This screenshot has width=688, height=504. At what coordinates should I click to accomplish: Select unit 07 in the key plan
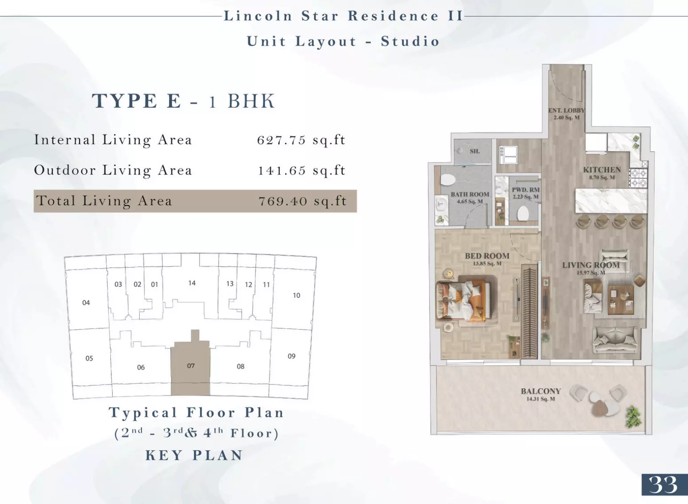click(191, 366)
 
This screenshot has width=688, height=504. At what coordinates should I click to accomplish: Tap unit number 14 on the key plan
click(192, 283)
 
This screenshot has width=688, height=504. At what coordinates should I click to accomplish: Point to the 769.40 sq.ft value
click(302, 201)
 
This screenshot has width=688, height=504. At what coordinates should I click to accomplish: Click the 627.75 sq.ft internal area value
click(301, 140)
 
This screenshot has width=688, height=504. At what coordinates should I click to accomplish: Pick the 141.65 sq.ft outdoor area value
click(302, 170)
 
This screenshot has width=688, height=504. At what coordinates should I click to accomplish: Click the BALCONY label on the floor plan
click(541, 391)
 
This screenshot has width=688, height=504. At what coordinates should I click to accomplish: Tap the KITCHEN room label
click(602, 169)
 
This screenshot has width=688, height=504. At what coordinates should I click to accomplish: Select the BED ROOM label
click(487, 256)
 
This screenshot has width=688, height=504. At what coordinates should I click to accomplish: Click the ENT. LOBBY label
click(567, 110)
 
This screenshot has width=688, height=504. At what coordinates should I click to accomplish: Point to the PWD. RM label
click(525, 189)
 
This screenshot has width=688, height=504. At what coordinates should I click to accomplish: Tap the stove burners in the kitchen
click(638, 178)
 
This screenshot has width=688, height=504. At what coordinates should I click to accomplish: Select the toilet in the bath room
click(448, 180)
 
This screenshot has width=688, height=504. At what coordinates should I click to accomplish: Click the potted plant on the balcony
click(633, 417)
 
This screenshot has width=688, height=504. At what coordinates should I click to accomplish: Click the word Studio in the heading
click(410, 42)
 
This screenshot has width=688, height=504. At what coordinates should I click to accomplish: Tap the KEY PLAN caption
click(194, 455)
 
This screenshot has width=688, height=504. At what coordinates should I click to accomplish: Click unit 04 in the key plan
click(86, 303)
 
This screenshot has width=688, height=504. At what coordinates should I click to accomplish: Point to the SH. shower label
click(474, 151)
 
